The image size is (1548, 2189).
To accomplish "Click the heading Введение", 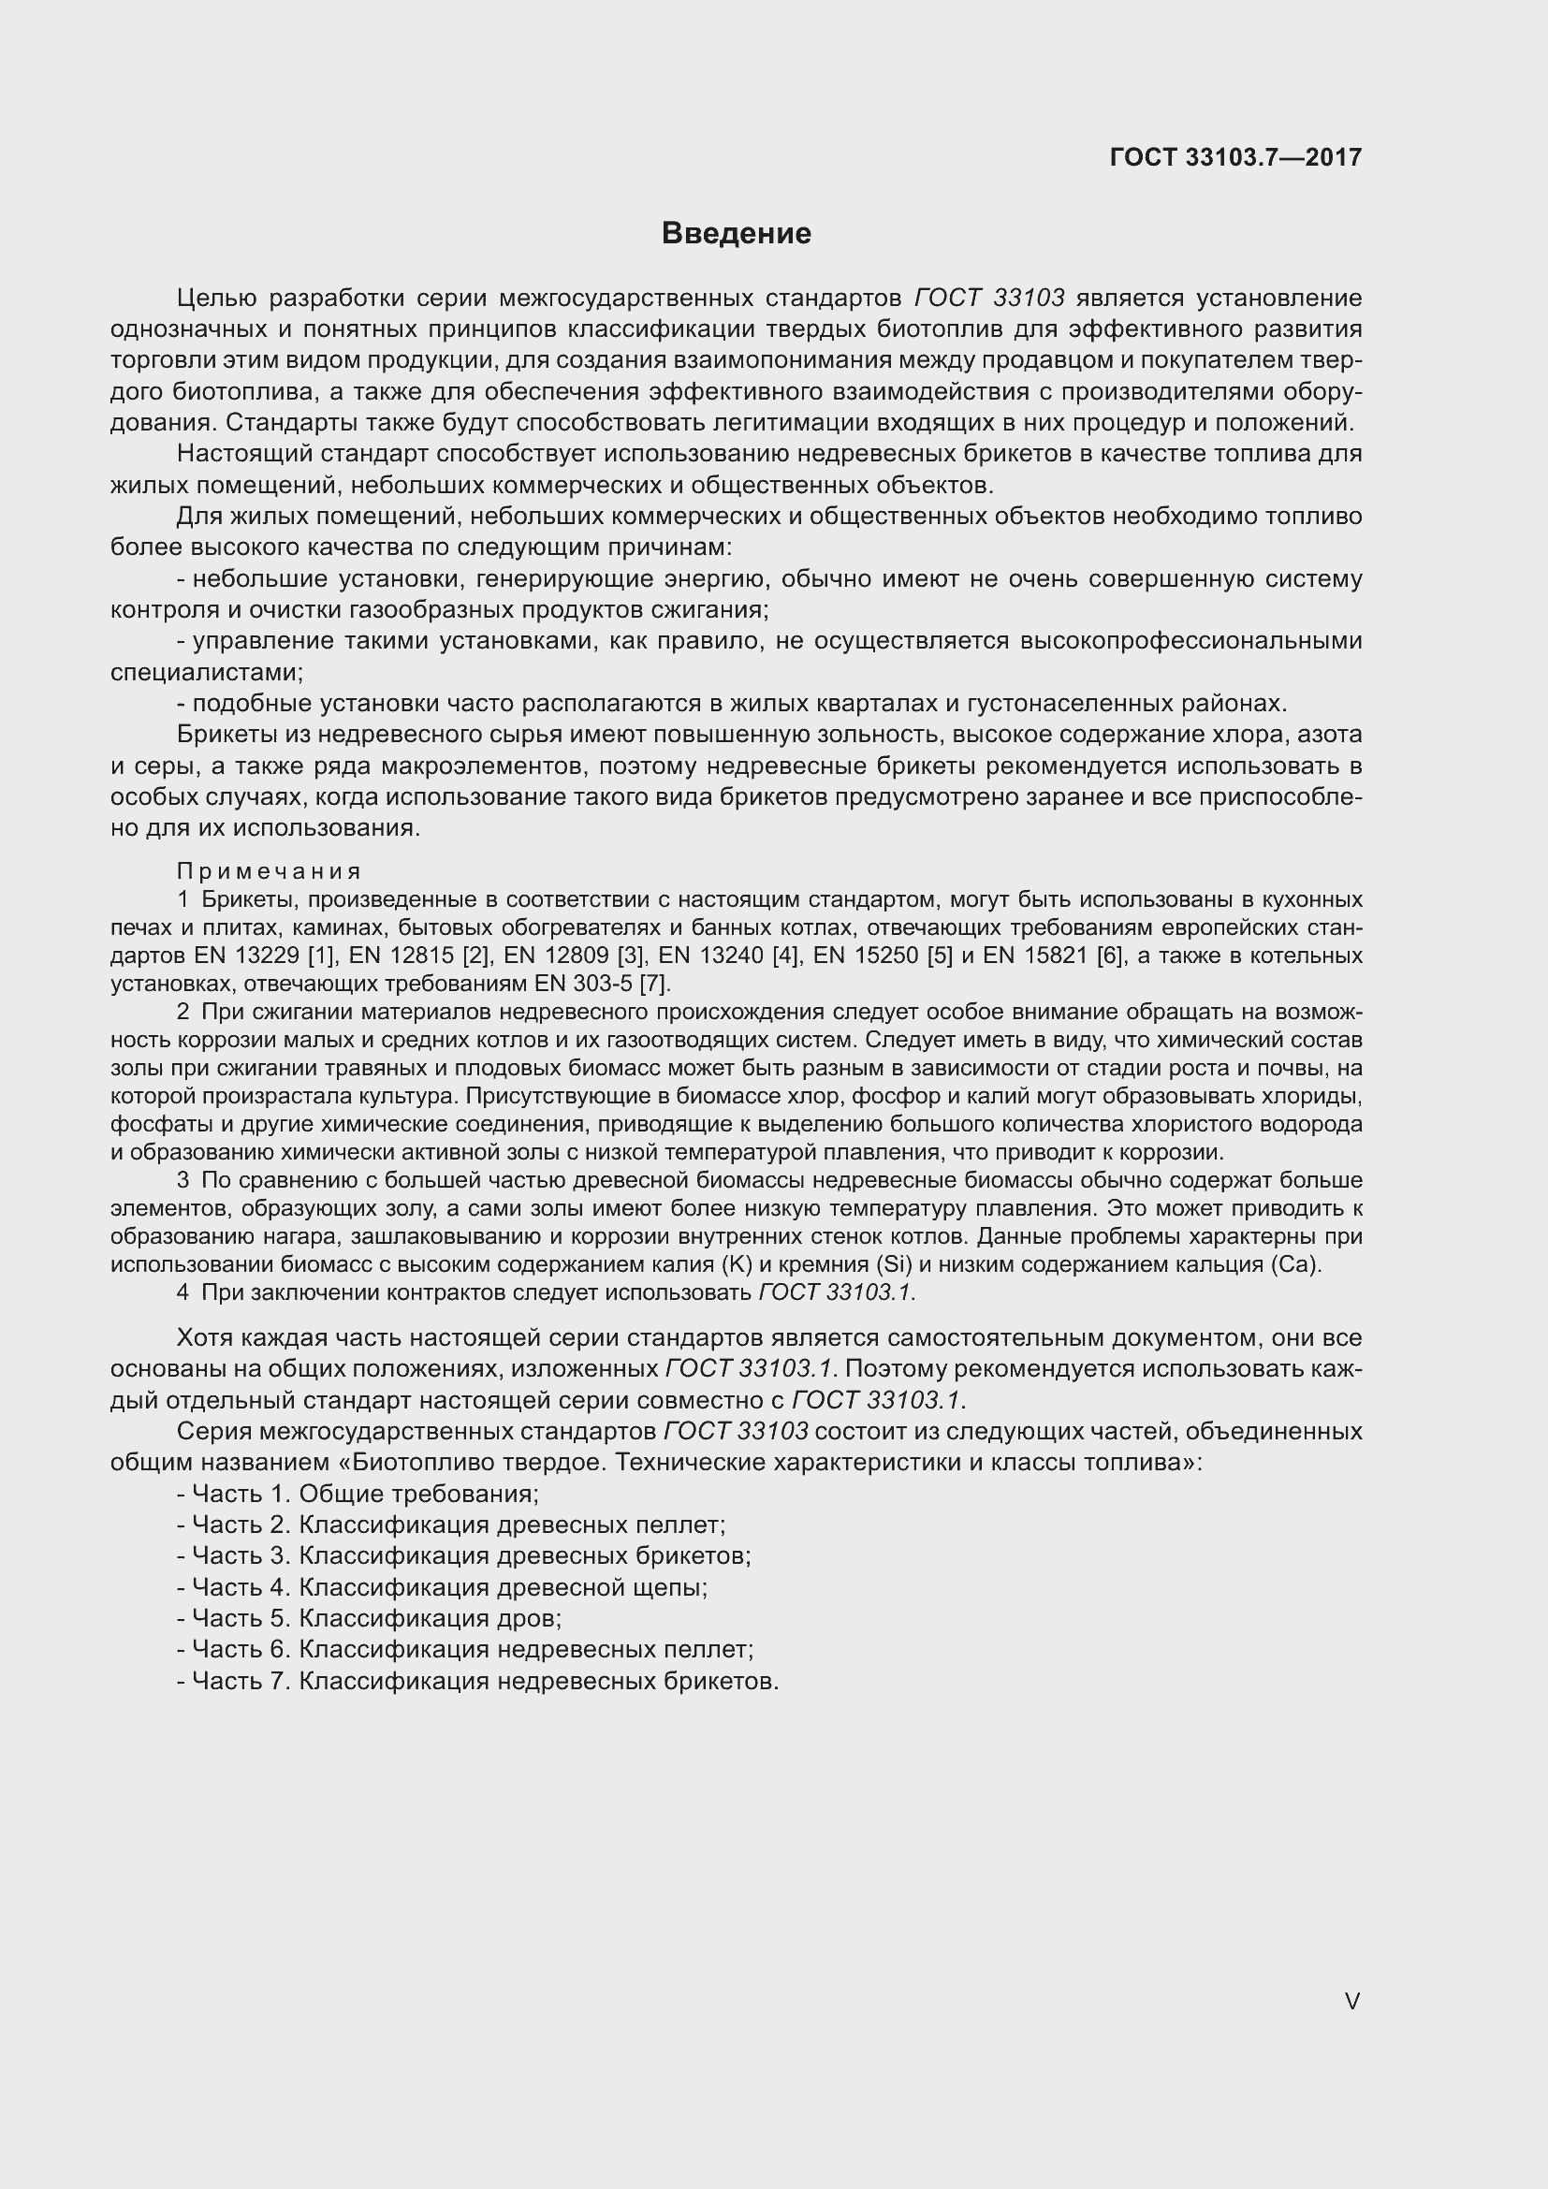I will (x=736, y=234).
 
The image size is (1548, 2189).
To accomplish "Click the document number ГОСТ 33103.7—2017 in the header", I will (x=1235, y=157).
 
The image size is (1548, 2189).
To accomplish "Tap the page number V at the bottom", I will (x=1351, y=2002).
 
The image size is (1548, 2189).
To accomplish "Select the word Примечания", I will (x=269, y=871).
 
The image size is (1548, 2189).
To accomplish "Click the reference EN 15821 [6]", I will (x=1054, y=956).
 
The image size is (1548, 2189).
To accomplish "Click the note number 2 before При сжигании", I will (x=183, y=1012).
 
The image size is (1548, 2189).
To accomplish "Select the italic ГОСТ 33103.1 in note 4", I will (x=836, y=1292).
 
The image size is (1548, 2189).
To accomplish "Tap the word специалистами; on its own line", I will (x=207, y=672).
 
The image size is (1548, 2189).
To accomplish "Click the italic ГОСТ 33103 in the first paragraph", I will (x=988, y=299).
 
